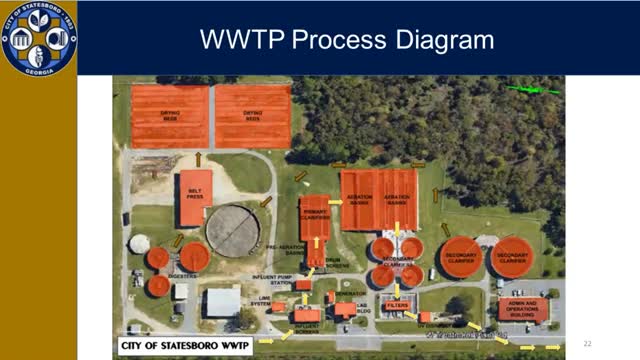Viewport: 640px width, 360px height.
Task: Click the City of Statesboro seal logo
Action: pyautogui.click(x=37, y=38)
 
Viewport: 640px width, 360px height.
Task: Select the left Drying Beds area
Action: pyautogui.click(x=170, y=116)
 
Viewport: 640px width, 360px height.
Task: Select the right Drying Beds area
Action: pyautogui.click(x=252, y=116)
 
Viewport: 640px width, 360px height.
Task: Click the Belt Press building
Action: pyautogui.click(x=195, y=198)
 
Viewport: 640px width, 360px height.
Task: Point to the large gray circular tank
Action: pyautogui.click(x=233, y=231)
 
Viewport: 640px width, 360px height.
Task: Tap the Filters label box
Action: pyautogui.click(x=397, y=305)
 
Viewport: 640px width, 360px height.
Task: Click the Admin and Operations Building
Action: pyautogui.click(x=523, y=307)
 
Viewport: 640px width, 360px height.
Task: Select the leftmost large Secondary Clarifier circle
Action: pyautogui.click(x=461, y=257)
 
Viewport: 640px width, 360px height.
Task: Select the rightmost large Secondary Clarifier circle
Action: pyautogui.click(x=512, y=257)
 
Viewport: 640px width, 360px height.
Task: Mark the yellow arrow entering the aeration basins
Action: pyautogui.click(x=335, y=202)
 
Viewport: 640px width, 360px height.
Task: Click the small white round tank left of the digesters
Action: pyautogui.click(x=139, y=243)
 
